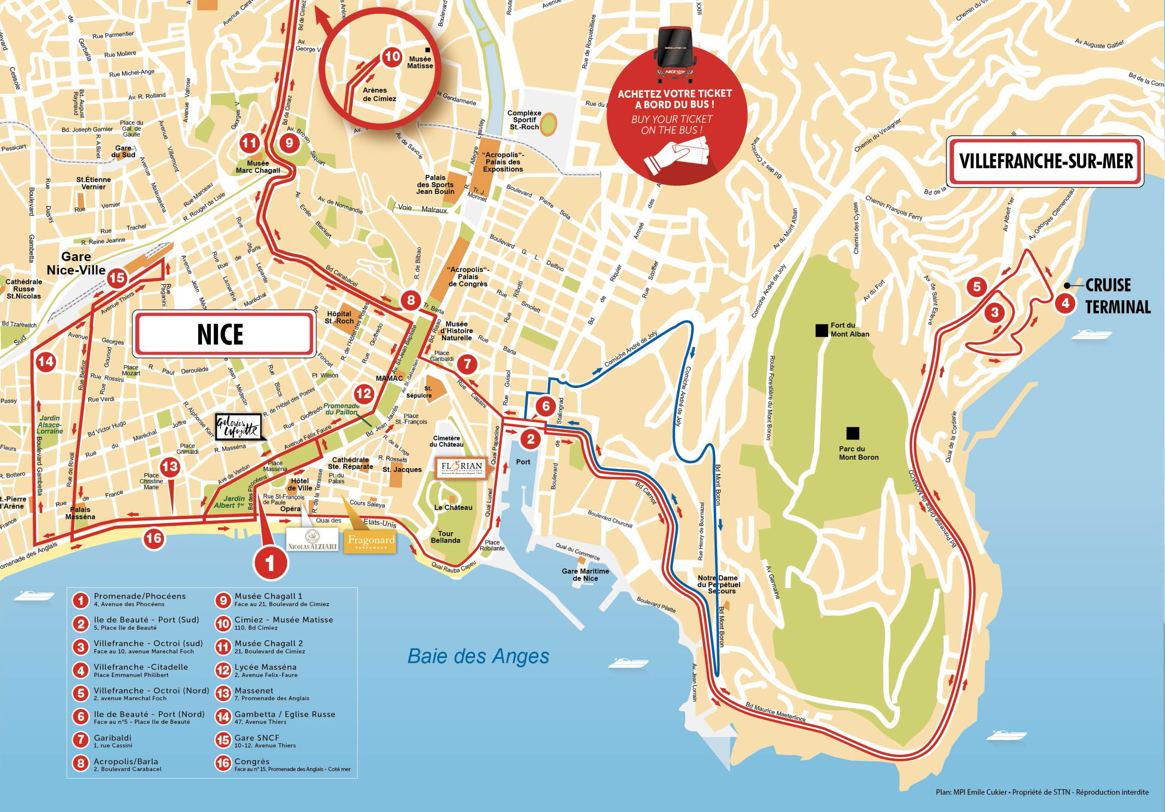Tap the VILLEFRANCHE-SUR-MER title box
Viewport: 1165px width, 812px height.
pos(1045,161)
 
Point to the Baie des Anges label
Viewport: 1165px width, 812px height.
pos(478,656)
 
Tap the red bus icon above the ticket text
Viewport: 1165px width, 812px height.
pos(675,55)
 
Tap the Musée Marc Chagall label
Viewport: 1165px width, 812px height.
pos(258,167)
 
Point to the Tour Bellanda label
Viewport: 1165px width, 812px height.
pos(446,537)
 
